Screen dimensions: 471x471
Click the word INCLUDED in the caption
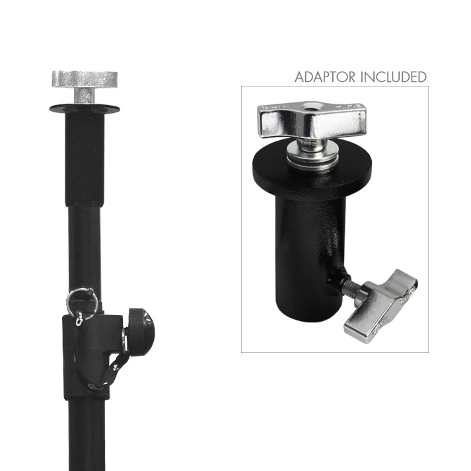(393, 77)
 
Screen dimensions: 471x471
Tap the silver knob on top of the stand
(85, 79)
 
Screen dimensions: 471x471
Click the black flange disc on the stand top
(85, 108)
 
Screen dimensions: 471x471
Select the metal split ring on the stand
(82, 301)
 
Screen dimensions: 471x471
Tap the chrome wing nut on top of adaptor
(312, 120)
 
